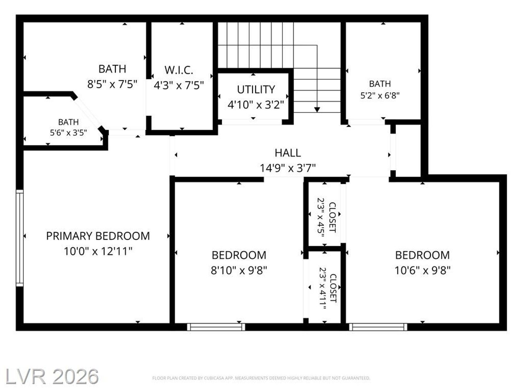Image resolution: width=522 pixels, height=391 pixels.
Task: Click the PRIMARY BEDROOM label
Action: coord(98,236)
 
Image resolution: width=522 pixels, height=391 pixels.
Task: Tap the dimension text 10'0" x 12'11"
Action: coord(98,251)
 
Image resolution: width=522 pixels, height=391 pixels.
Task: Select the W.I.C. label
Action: coord(179,70)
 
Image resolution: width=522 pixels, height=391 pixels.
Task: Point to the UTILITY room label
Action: coord(256,89)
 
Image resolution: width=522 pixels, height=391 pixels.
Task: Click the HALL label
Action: coord(288,153)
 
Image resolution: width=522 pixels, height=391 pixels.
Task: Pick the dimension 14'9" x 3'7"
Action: coord(288,168)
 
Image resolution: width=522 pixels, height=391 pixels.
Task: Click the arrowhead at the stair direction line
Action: coord(317,109)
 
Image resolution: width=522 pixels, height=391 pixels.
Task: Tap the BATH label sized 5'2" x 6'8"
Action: coord(380,84)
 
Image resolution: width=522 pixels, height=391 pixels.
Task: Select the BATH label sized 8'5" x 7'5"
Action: coord(112,69)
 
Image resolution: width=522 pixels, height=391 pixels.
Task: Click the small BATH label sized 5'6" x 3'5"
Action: coord(68,122)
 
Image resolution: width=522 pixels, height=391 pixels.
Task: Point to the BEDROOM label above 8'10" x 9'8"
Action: coord(239,255)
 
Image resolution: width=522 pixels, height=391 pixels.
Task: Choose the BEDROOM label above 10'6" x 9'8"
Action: coord(422,255)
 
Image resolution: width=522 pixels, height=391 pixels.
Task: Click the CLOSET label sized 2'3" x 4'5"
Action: coord(332,218)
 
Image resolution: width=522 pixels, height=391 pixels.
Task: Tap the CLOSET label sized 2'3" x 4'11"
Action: coord(333,288)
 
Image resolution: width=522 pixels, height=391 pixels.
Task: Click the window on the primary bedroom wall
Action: coord(20,238)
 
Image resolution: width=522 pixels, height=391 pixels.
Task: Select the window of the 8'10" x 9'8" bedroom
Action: coord(216,327)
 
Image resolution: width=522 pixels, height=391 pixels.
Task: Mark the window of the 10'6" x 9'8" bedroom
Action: coord(378,327)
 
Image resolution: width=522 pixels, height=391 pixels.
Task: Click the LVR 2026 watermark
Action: coord(52,377)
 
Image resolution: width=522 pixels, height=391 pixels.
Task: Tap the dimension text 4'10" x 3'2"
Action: coord(256,105)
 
